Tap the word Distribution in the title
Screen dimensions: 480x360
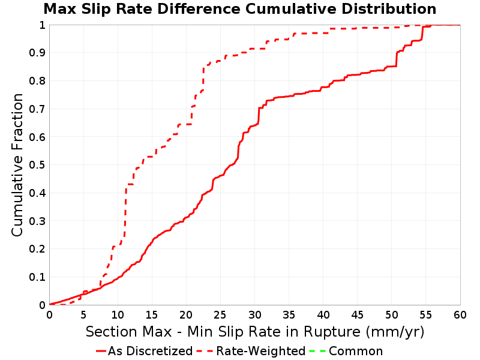(x=389, y=9)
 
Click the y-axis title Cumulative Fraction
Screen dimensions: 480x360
(x=17, y=165)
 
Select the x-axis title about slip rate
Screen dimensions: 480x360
(x=255, y=332)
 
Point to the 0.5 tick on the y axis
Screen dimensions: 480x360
(x=37, y=165)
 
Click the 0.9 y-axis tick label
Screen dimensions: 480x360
(x=37, y=53)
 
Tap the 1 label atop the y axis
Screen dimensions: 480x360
(x=42, y=25)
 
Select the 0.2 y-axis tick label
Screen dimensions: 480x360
(x=37, y=249)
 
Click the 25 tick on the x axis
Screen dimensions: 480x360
(x=220, y=314)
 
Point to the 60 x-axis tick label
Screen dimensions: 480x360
(x=460, y=314)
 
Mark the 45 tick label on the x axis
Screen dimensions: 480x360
(x=357, y=314)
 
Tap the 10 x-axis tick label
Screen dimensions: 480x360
(x=118, y=314)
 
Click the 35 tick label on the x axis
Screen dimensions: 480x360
(x=289, y=314)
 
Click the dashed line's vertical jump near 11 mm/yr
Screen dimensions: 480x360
(x=125, y=211)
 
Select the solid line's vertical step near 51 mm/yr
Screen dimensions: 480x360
(x=397, y=59)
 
